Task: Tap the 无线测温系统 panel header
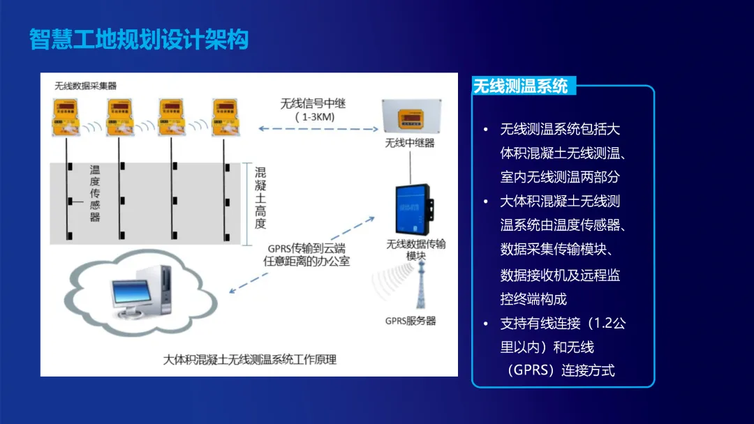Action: click(x=521, y=86)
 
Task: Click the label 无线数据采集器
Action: click(x=85, y=86)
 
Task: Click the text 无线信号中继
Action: click(x=313, y=103)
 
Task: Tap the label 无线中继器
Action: click(x=410, y=143)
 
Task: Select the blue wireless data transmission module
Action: click(x=412, y=209)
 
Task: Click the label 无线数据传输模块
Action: click(x=416, y=250)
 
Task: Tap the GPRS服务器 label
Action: click(x=411, y=321)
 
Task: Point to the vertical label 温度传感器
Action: click(x=95, y=193)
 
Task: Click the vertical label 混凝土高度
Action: click(x=260, y=198)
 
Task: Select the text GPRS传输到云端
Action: click(x=306, y=248)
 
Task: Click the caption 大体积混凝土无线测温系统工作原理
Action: click(x=249, y=360)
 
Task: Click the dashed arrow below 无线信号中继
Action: click(x=318, y=129)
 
